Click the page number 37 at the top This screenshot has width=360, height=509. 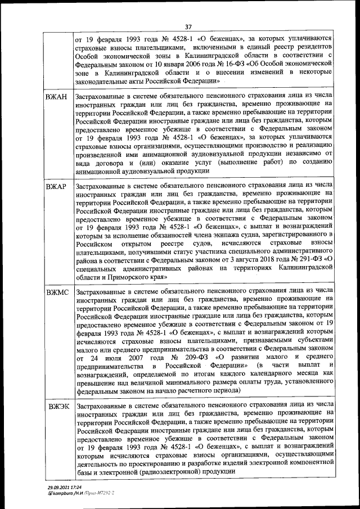[x=188, y=26]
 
